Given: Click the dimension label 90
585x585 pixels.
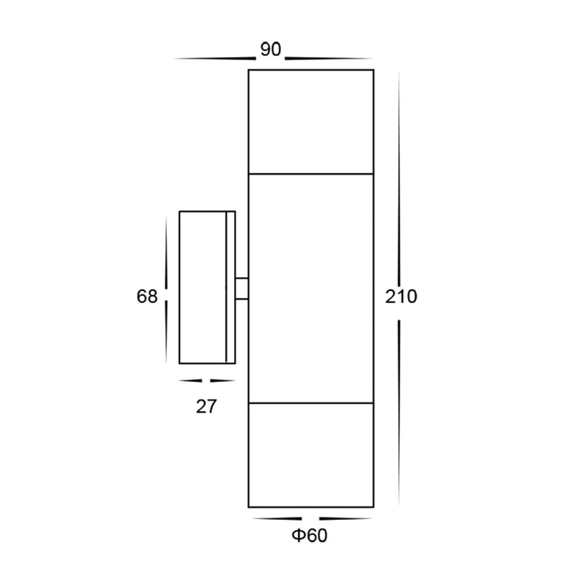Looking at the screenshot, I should pyautogui.click(x=271, y=50).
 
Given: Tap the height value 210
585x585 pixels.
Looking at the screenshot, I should pyautogui.click(x=400, y=297).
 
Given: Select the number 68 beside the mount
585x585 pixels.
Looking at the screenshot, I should pyautogui.click(x=147, y=297).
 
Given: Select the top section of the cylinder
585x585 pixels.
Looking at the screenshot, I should pyautogui.click(x=310, y=122).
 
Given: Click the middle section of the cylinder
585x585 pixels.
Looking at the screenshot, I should pyautogui.click(x=310, y=288).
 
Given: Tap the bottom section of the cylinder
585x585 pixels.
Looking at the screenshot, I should pyautogui.click(x=310, y=455).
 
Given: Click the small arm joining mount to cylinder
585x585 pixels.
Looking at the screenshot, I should pyautogui.click(x=241, y=288).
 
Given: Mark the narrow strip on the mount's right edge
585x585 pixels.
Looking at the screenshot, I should pyautogui.click(x=230, y=288).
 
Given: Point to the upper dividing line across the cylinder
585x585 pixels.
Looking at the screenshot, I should pyautogui.click(x=310, y=174).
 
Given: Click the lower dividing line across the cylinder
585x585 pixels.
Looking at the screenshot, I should pyautogui.click(x=310, y=403).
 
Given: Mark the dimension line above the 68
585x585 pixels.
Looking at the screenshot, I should pyautogui.click(x=166, y=248).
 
